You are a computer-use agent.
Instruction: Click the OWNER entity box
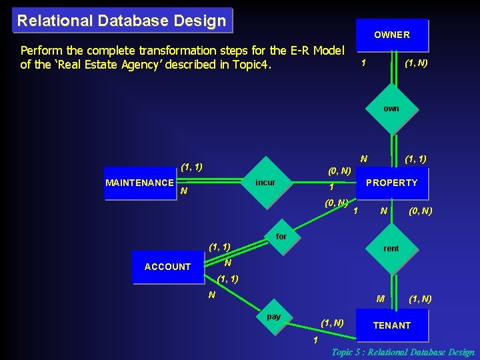tap(391, 35)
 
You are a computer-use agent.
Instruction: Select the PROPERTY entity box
tap(391, 183)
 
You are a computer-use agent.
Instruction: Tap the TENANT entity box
tap(391, 325)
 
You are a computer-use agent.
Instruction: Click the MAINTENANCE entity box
tap(140, 183)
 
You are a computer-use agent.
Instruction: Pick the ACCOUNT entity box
tap(167, 267)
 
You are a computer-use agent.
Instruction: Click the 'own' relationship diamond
tap(391, 109)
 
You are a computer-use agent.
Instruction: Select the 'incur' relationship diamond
tap(265, 183)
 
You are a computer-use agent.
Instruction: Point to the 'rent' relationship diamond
tap(391, 249)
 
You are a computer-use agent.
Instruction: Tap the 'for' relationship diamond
tap(281, 237)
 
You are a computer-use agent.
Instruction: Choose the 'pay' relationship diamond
tap(273, 317)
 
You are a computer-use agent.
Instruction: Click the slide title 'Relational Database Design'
tap(121, 21)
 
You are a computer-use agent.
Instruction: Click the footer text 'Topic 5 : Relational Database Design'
tap(403, 352)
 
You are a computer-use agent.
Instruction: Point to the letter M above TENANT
tap(380, 299)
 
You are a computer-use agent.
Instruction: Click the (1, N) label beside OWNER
tap(416, 63)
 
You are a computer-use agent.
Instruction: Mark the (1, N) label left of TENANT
tap(332, 323)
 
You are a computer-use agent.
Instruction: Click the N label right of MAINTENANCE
tap(183, 191)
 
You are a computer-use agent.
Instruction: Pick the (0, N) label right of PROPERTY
tap(420, 211)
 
